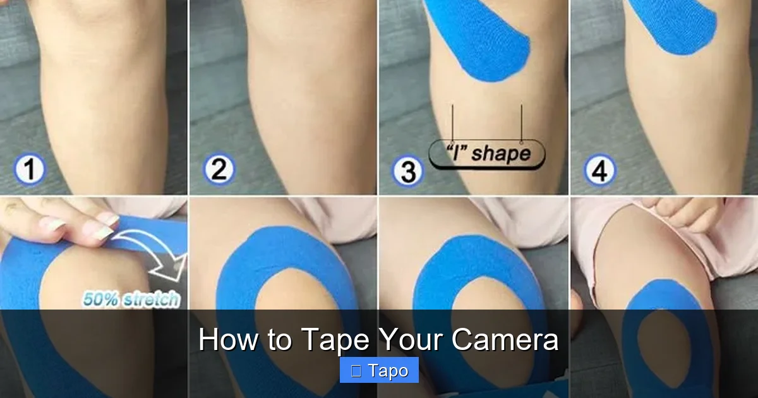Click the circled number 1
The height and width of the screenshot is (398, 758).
tap(29, 171)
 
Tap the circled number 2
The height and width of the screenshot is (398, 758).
tap(219, 171)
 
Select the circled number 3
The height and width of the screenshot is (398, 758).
tap(407, 171)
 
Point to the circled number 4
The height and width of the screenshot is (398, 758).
tap(599, 171)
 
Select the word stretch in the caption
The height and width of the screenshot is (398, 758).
tap(152, 299)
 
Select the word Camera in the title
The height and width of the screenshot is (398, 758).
tap(505, 340)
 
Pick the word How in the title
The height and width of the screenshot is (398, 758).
tap(228, 340)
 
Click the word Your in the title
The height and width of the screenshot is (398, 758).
tap(411, 340)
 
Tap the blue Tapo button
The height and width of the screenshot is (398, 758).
tap(379, 370)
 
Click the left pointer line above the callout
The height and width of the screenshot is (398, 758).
tap(452, 123)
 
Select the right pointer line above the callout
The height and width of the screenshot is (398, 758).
tap(521, 123)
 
